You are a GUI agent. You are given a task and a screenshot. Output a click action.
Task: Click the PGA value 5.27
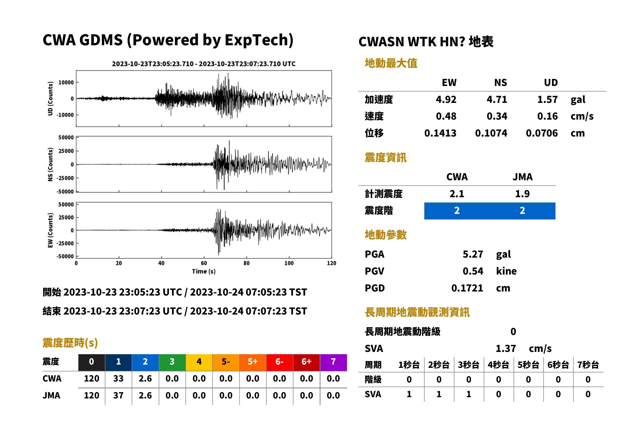[473, 254]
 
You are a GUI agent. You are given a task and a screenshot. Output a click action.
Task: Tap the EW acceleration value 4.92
[446, 99]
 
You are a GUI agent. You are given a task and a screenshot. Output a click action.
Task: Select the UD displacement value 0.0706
[542, 133]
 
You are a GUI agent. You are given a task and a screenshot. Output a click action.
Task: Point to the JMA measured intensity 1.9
[522, 194]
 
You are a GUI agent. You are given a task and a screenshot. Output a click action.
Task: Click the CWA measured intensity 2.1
[457, 194]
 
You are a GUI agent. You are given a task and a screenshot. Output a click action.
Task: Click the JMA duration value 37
[118, 395]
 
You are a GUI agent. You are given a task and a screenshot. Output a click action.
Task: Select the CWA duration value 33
[118, 378]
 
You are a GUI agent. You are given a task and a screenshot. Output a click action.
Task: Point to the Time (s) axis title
[204, 271]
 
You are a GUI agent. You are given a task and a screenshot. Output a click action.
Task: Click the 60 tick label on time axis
[204, 263]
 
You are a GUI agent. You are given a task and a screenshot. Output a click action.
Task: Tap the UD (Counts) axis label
[50, 99]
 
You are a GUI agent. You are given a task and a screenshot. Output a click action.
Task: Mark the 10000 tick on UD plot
[66, 82]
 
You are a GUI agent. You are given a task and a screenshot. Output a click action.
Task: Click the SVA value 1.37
[506, 348]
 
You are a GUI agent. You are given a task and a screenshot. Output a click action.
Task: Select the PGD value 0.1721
[467, 288]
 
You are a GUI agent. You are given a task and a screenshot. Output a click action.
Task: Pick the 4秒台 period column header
[498, 365]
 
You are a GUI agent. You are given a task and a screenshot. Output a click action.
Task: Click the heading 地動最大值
[391, 63]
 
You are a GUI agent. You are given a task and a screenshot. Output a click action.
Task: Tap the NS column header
[500, 82]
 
